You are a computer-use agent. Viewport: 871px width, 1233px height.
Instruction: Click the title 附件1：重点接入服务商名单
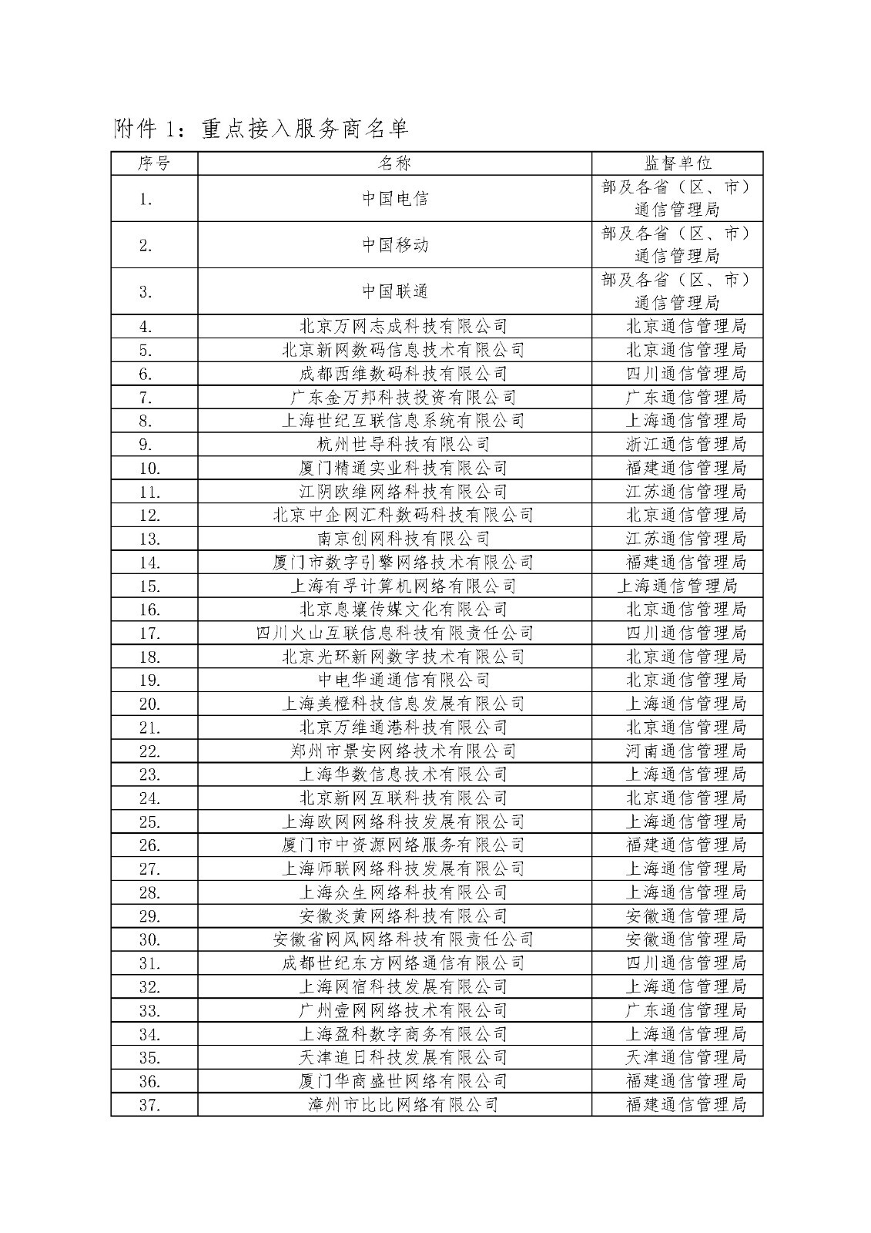(x=260, y=129)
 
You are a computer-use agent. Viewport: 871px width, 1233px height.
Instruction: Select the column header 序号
(x=154, y=163)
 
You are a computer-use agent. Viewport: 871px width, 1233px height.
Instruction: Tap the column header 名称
(x=394, y=163)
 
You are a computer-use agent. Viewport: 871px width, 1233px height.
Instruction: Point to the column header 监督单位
(x=678, y=163)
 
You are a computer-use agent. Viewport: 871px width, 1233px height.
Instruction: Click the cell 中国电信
(x=394, y=199)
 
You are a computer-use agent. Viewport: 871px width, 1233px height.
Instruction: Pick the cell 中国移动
(x=394, y=245)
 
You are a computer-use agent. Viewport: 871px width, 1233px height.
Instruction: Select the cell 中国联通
(x=394, y=291)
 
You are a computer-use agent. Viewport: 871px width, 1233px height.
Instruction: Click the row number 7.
(x=146, y=398)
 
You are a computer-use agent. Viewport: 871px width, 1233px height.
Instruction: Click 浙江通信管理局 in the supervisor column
(x=685, y=445)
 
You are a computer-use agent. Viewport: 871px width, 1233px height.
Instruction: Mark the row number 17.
(x=149, y=633)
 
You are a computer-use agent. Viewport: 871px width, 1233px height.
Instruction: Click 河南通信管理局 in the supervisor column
(x=685, y=751)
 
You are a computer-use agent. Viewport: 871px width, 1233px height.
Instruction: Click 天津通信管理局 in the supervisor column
(x=685, y=1057)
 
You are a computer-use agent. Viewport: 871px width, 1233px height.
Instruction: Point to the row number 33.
(x=149, y=1010)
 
